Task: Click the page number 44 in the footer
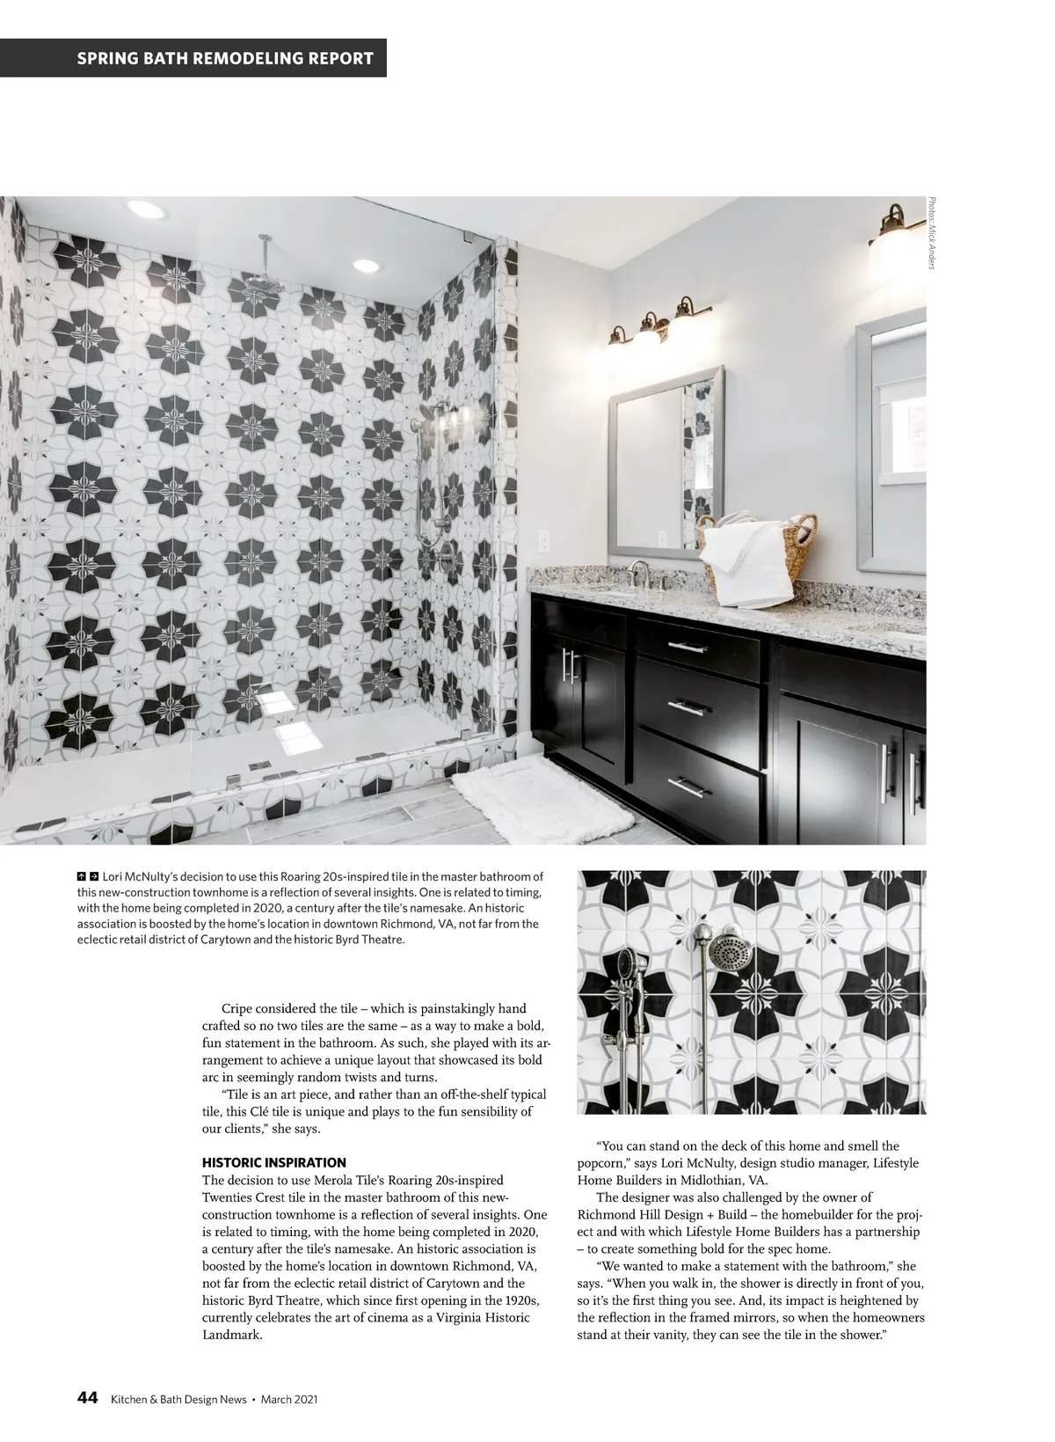[87, 1398]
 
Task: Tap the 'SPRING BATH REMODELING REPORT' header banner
[225, 59]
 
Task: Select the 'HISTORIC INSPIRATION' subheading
[274, 1162]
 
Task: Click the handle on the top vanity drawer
[688, 647]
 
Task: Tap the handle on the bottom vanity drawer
[690, 786]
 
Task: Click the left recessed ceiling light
[146, 209]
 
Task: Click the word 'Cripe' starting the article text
[239, 1008]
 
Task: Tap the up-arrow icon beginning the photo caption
[81, 876]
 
